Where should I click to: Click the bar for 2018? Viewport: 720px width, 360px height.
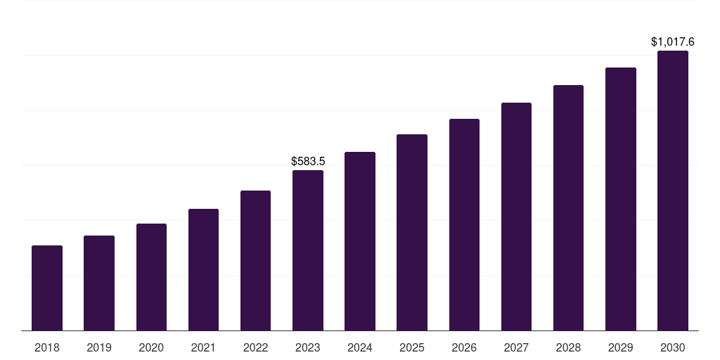pyautogui.click(x=47, y=288)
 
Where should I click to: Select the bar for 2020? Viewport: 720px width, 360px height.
pyautogui.click(x=151, y=277)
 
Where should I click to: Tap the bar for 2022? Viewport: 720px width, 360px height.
pyautogui.click(x=255, y=261)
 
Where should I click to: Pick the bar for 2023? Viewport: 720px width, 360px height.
pyautogui.click(x=308, y=250)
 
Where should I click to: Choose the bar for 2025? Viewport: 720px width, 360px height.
pyautogui.click(x=412, y=233)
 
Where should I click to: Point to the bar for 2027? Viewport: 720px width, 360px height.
pyautogui.click(x=516, y=217)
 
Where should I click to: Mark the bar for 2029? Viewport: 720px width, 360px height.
pyautogui.click(x=621, y=199)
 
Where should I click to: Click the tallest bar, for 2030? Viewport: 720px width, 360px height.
pyautogui.click(x=673, y=191)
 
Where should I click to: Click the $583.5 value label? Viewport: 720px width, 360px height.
pyautogui.click(x=308, y=162)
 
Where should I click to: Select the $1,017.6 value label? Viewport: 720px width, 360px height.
pyautogui.click(x=673, y=42)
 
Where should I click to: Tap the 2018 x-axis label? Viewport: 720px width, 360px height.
pyautogui.click(x=47, y=347)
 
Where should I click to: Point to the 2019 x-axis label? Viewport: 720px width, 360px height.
pyautogui.click(x=99, y=347)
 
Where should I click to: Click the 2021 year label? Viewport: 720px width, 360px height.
pyautogui.click(x=203, y=347)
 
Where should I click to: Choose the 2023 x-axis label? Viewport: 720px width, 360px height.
pyautogui.click(x=308, y=347)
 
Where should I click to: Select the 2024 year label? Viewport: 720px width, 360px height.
pyautogui.click(x=360, y=347)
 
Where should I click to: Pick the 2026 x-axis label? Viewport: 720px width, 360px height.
pyautogui.click(x=464, y=347)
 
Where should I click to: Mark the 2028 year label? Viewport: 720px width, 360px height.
pyautogui.click(x=568, y=347)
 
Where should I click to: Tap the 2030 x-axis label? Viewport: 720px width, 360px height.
pyautogui.click(x=673, y=347)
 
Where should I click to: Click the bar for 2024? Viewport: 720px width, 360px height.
pyautogui.click(x=360, y=241)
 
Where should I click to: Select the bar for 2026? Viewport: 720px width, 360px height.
pyautogui.click(x=464, y=225)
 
